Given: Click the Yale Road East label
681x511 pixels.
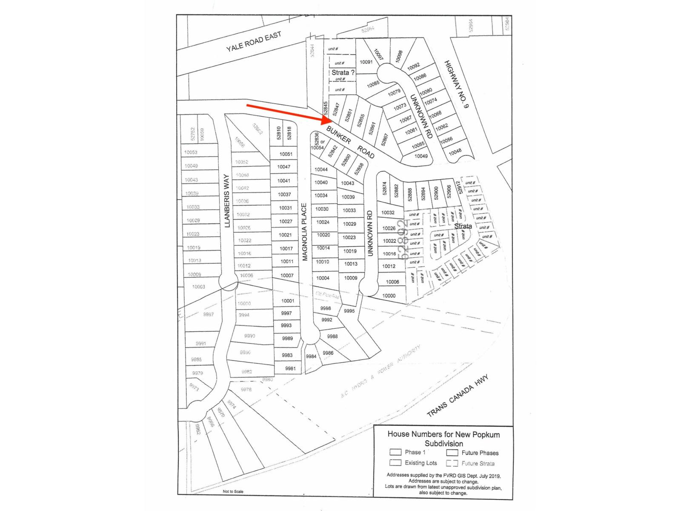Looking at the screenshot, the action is pyautogui.click(x=254, y=42).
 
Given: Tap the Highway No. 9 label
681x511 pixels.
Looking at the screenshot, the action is pyautogui.click(x=457, y=84).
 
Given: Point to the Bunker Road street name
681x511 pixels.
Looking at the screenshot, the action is pyautogui.click(x=350, y=142).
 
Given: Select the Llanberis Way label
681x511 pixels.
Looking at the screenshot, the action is pyautogui.click(x=227, y=200).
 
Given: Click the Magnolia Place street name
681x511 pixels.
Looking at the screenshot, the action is pyautogui.click(x=304, y=232).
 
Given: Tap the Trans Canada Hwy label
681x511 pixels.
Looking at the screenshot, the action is pyautogui.click(x=458, y=396).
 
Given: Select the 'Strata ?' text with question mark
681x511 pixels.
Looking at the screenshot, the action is pyautogui.click(x=343, y=72).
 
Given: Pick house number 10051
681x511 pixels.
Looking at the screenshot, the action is pyautogui.click(x=286, y=154).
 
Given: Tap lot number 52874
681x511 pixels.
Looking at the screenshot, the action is pyautogui.click(x=384, y=189).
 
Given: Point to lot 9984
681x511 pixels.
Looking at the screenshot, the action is pyautogui.click(x=311, y=356).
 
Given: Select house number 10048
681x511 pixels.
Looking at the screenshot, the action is pyautogui.click(x=455, y=152).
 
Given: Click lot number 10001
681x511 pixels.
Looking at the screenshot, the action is pyautogui.click(x=288, y=301).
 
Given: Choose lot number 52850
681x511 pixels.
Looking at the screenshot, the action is pyautogui.click(x=346, y=161).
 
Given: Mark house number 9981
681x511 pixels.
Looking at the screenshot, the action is pyautogui.click(x=290, y=368).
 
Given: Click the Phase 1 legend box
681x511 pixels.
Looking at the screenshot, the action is pyautogui.click(x=395, y=452).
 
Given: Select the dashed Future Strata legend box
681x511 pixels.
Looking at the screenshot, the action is pyautogui.click(x=452, y=463).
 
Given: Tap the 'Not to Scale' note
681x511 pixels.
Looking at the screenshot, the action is pyautogui.click(x=233, y=491).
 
